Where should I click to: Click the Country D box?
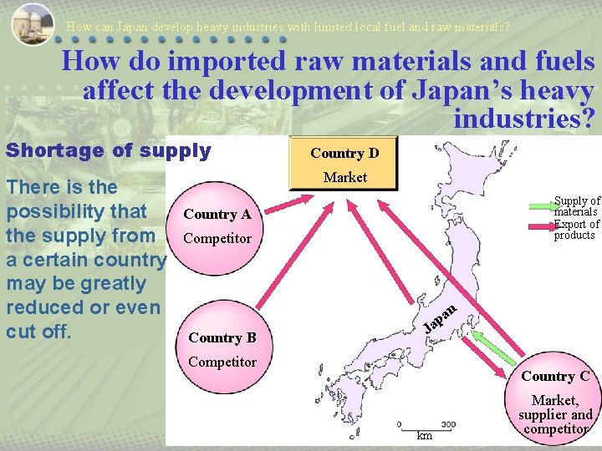pyautogui.click(x=344, y=163)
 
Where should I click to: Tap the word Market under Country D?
pyautogui.click(x=345, y=177)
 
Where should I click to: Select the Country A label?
pyautogui.click(x=217, y=214)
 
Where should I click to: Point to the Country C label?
pyautogui.click(x=555, y=376)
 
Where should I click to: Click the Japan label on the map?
pyautogui.click(x=440, y=316)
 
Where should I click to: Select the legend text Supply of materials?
pyautogui.click(x=577, y=206)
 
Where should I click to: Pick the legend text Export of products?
pyautogui.click(x=577, y=230)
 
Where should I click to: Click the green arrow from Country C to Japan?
pyautogui.click(x=497, y=343)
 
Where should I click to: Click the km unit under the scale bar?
pyautogui.click(x=425, y=435)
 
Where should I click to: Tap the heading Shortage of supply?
pyautogui.click(x=108, y=151)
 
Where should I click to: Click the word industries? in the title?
pyautogui.click(x=523, y=119)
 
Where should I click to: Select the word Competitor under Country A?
pyautogui.click(x=217, y=239)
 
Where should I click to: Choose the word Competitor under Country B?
pyautogui.click(x=222, y=362)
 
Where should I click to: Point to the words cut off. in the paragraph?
pyautogui.click(x=40, y=331)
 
